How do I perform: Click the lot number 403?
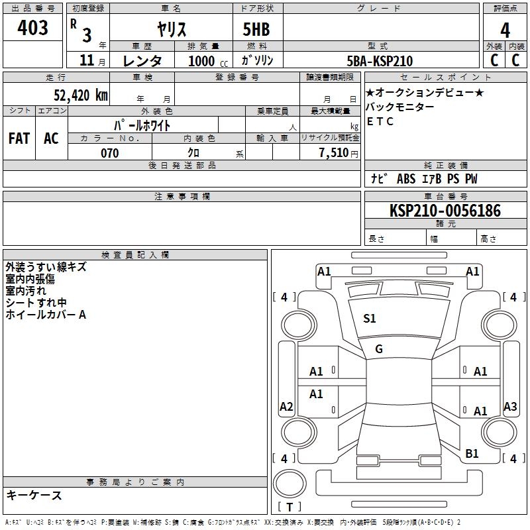pyautogui.click(x=32, y=27)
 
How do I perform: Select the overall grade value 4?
pyautogui.click(x=505, y=30)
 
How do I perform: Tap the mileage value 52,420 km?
pyautogui.click(x=81, y=95)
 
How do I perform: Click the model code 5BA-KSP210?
pyautogui.click(x=380, y=61)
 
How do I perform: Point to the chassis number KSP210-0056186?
pyautogui.click(x=445, y=210)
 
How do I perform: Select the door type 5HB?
pyautogui.click(x=256, y=29)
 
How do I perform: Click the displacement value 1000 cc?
pyautogui.click(x=208, y=61)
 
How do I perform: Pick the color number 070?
pyautogui.click(x=109, y=153)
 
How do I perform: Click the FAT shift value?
pyautogui.click(x=19, y=138)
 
